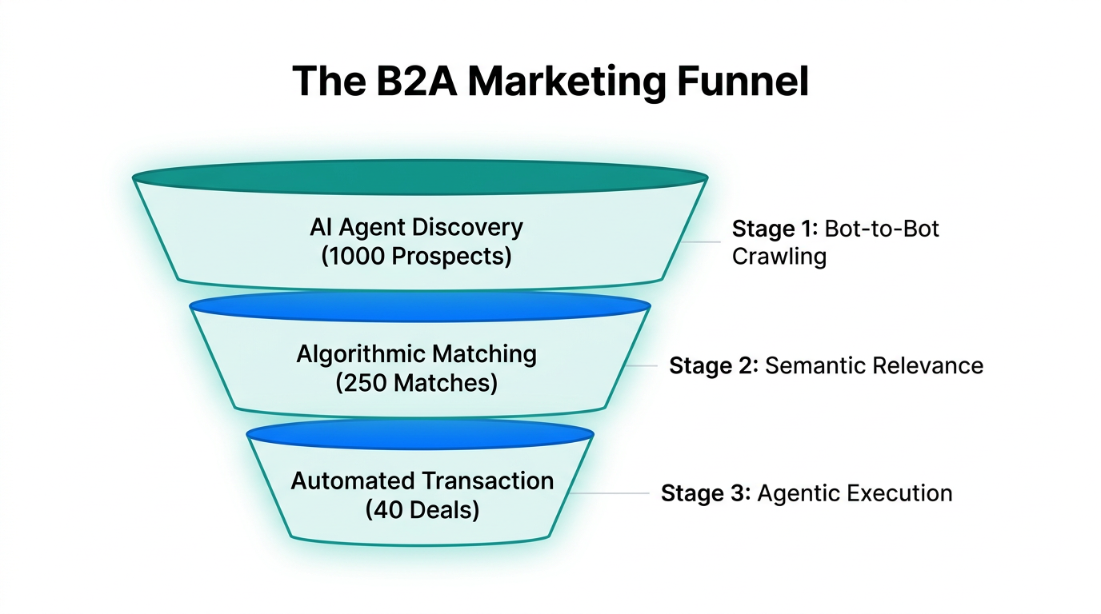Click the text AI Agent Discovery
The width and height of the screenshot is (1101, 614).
pos(416,227)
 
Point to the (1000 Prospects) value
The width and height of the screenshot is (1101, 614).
pos(416,257)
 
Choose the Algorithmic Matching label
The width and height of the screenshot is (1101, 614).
pos(416,354)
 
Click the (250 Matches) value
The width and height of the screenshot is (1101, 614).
pos(416,383)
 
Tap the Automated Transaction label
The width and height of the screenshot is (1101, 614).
pos(422,480)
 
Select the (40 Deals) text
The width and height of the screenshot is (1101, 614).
pos(422,510)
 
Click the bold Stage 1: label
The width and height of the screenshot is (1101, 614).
pos(772,229)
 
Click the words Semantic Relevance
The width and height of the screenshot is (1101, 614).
pos(874,366)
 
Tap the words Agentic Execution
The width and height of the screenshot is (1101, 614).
pos(855,493)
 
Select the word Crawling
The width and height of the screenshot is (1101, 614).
pos(779,257)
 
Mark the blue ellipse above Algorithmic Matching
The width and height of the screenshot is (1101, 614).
pos(419,305)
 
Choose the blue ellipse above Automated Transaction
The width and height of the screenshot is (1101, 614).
pos(419,435)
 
